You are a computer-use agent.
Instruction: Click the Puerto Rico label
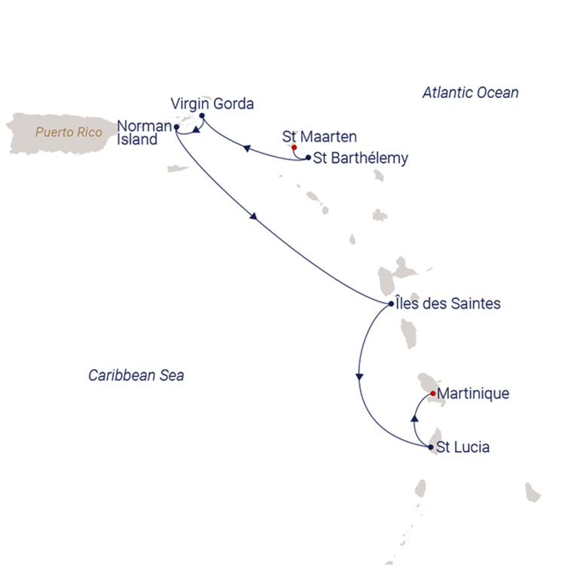pos(69,133)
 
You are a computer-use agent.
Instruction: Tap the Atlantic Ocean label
pos(471,93)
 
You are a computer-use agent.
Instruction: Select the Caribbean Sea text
pos(136,375)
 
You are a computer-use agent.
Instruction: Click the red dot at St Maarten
pos(294,148)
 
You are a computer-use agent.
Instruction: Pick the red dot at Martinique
pos(433,393)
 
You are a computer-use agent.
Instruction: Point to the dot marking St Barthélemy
pos(308,157)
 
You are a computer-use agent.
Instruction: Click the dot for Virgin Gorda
pos(202,116)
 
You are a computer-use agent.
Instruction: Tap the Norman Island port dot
pos(176,127)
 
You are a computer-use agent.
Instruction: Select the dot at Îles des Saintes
pos(391,304)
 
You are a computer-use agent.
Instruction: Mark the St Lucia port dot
pos(431,447)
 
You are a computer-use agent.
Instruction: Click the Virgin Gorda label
pos(212,104)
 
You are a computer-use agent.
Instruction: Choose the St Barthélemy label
pos(361,158)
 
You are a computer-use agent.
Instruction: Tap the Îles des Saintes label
pos(448,304)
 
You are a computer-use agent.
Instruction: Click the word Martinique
pos(474,393)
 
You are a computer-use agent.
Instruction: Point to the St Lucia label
pos(463,447)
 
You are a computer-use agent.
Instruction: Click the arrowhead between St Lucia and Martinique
pos(415,418)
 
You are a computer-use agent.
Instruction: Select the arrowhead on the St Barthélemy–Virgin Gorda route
pos(247,148)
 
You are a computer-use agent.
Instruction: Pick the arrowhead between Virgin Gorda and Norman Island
pos(196,130)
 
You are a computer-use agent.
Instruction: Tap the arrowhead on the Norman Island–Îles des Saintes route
pos(254,216)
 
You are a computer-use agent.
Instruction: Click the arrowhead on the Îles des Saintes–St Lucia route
pos(359,377)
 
